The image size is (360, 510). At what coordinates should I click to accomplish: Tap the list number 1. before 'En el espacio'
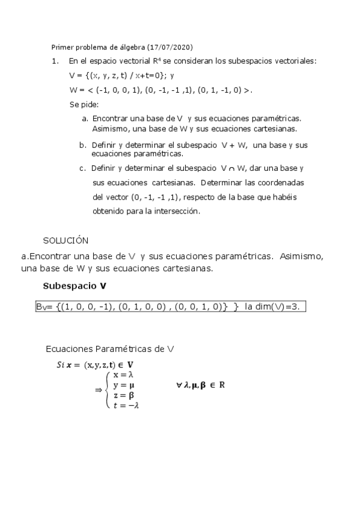pos(55,61)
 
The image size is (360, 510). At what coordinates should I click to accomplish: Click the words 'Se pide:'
pos(84,105)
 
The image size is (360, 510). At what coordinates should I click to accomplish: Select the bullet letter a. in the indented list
pos(85,119)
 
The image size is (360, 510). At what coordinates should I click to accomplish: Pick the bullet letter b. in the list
pos(83,145)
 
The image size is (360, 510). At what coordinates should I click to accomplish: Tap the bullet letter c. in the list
pos(83,168)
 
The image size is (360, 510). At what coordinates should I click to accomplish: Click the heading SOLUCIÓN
pos(66,241)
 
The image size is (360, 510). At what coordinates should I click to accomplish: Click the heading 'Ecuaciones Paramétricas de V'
pos(111,349)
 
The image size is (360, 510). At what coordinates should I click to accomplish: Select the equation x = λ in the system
pos(123,374)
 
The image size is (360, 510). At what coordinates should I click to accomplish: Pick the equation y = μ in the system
pos(123,384)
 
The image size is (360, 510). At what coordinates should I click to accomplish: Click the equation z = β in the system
pos(123,395)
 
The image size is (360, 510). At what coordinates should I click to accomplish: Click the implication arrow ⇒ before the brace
pos(99,390)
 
